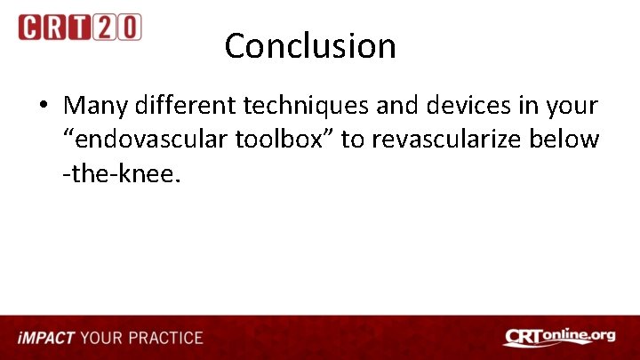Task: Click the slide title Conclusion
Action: (310, 46)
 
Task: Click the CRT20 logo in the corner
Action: (79, 27)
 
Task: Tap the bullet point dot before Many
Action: (43, 107)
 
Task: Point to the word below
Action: (571, 140)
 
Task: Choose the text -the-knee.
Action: (121, 174)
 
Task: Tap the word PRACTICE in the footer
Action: (165, 339)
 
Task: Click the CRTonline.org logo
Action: (558, 338)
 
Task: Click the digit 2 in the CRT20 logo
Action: (107, 27)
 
